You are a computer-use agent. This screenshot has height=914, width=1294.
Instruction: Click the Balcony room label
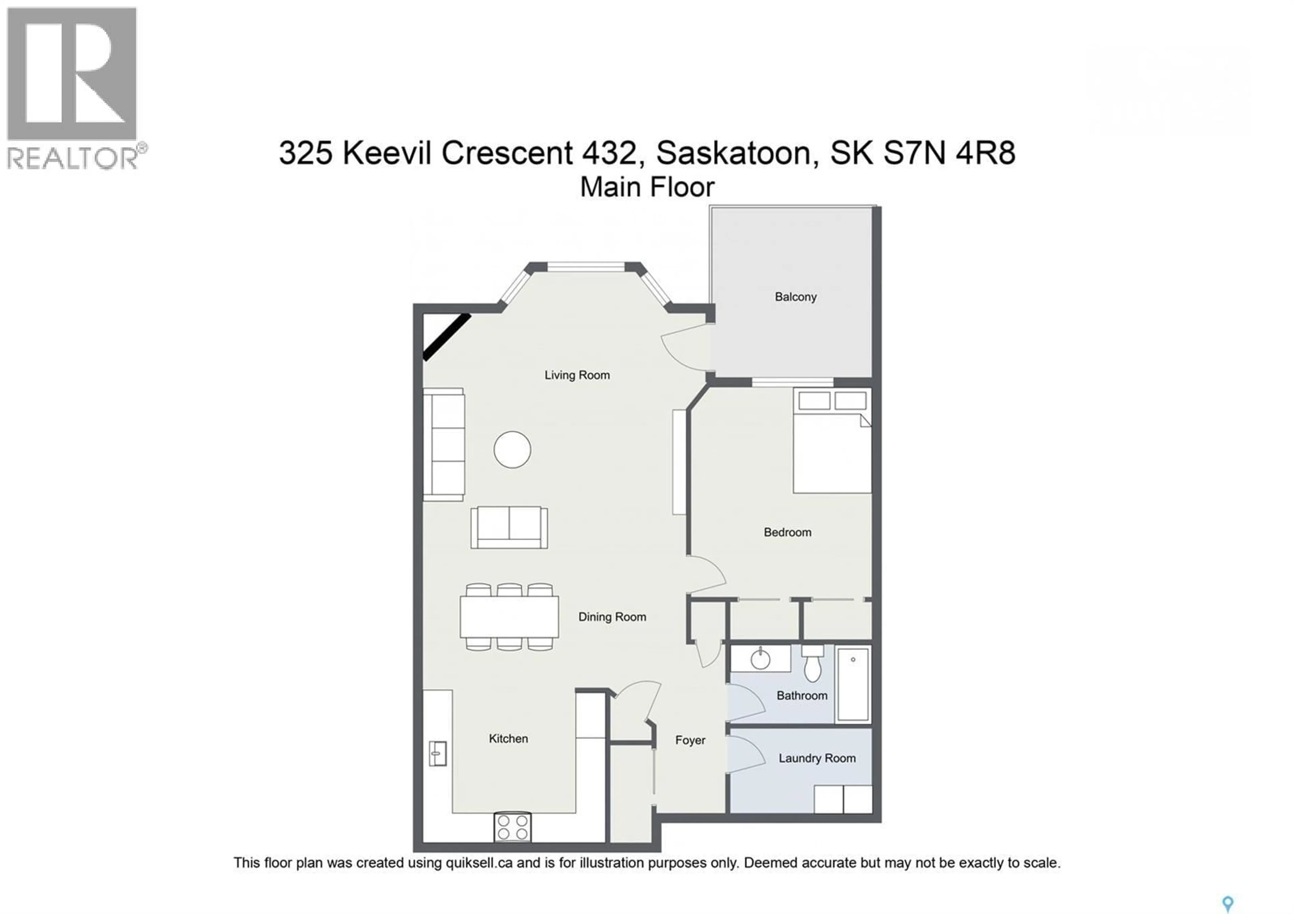[795, 297]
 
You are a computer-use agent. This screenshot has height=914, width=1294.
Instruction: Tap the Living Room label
[577, 375]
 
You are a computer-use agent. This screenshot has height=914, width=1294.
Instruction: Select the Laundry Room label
[817, 759]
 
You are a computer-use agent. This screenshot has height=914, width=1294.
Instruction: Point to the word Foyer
[690, 740]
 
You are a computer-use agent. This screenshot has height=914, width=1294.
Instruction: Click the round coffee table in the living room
[512, 450]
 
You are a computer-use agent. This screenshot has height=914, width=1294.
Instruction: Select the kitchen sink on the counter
[438, 753]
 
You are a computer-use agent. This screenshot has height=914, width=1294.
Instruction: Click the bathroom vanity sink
[760, 658]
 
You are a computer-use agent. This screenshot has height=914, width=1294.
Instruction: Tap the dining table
[509, 616]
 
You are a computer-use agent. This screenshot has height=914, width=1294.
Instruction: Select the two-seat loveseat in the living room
[509, 527]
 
